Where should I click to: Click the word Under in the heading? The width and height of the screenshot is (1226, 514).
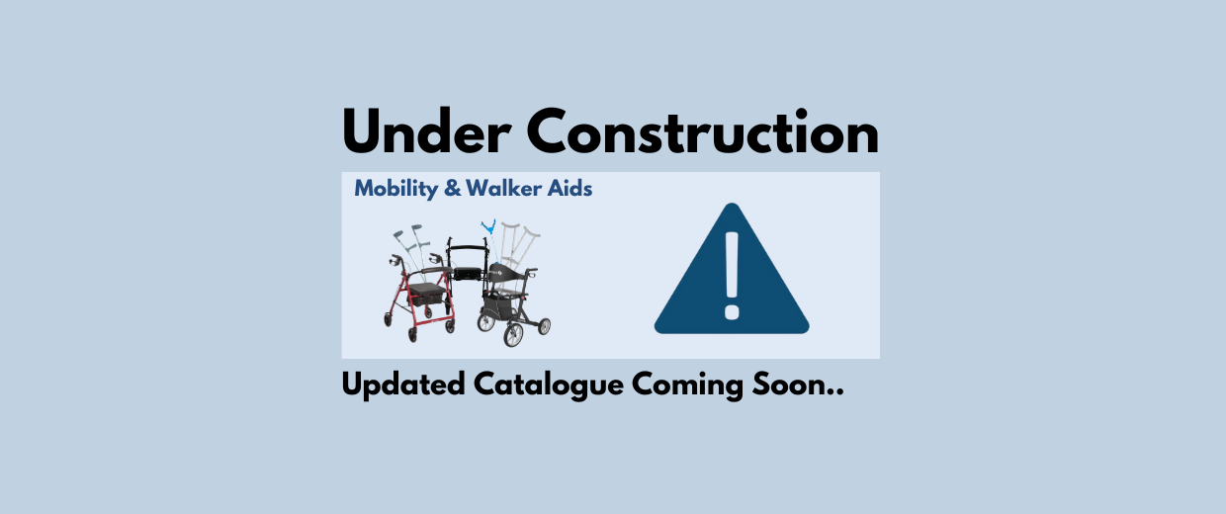coord(427,131)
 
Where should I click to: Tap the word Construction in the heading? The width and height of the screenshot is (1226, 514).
coord(703,131)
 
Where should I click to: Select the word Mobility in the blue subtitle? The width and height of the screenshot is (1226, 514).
coord(396,189)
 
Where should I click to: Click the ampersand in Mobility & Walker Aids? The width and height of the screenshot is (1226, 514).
coord(453,189)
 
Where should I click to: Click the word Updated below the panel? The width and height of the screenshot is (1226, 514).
coord(403,385)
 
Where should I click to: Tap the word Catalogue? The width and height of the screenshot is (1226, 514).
coord(549,385)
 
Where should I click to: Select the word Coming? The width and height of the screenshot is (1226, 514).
coord(687,385)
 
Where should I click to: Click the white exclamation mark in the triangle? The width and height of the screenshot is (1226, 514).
coord(732,276)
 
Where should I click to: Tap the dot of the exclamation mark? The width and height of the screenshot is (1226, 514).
coord(732,312)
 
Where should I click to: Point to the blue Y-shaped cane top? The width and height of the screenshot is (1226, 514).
coord(488,226)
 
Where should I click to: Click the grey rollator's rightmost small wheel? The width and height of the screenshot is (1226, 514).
coord(544,326)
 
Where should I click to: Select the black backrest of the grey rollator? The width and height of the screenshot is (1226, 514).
coord(504,272)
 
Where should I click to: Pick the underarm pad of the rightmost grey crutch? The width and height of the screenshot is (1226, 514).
coord(530,233)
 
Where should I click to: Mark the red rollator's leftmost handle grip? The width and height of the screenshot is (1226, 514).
coord(394,258)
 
